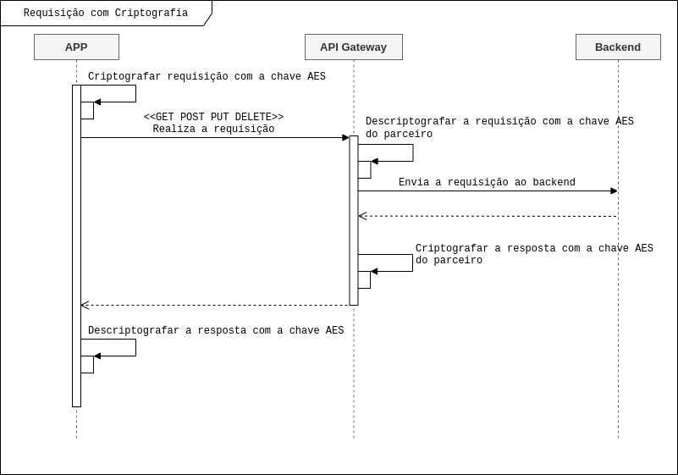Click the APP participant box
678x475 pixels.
[x=76, y=47]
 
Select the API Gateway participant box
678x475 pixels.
[x=353, y=47]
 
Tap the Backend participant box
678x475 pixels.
[x=618, y=47]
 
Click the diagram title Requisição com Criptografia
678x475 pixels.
[x=106, y=14]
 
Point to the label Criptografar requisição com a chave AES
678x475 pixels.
[x=207, y=77]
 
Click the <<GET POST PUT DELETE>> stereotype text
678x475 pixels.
[x=213, y=118]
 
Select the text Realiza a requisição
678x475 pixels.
[x=213, y=130]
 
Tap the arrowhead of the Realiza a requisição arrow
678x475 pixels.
[x=345, y=137]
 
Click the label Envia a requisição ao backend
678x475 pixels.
[x=487, y=183]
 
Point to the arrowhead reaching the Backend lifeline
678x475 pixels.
[x=614, y=191]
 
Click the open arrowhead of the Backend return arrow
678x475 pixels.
[x=362, y=216]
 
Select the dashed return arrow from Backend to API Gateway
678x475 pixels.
[x=491, y=216]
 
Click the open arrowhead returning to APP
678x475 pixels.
[x=85, y=305]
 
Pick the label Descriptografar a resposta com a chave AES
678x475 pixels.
[x=216, y=331]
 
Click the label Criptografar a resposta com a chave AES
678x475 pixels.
[x=534, y=249]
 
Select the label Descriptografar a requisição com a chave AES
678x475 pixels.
[x=499, y=122]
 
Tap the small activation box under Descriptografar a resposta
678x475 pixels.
[x=87, y=364]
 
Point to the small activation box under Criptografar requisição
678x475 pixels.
[x=87, y=110]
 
